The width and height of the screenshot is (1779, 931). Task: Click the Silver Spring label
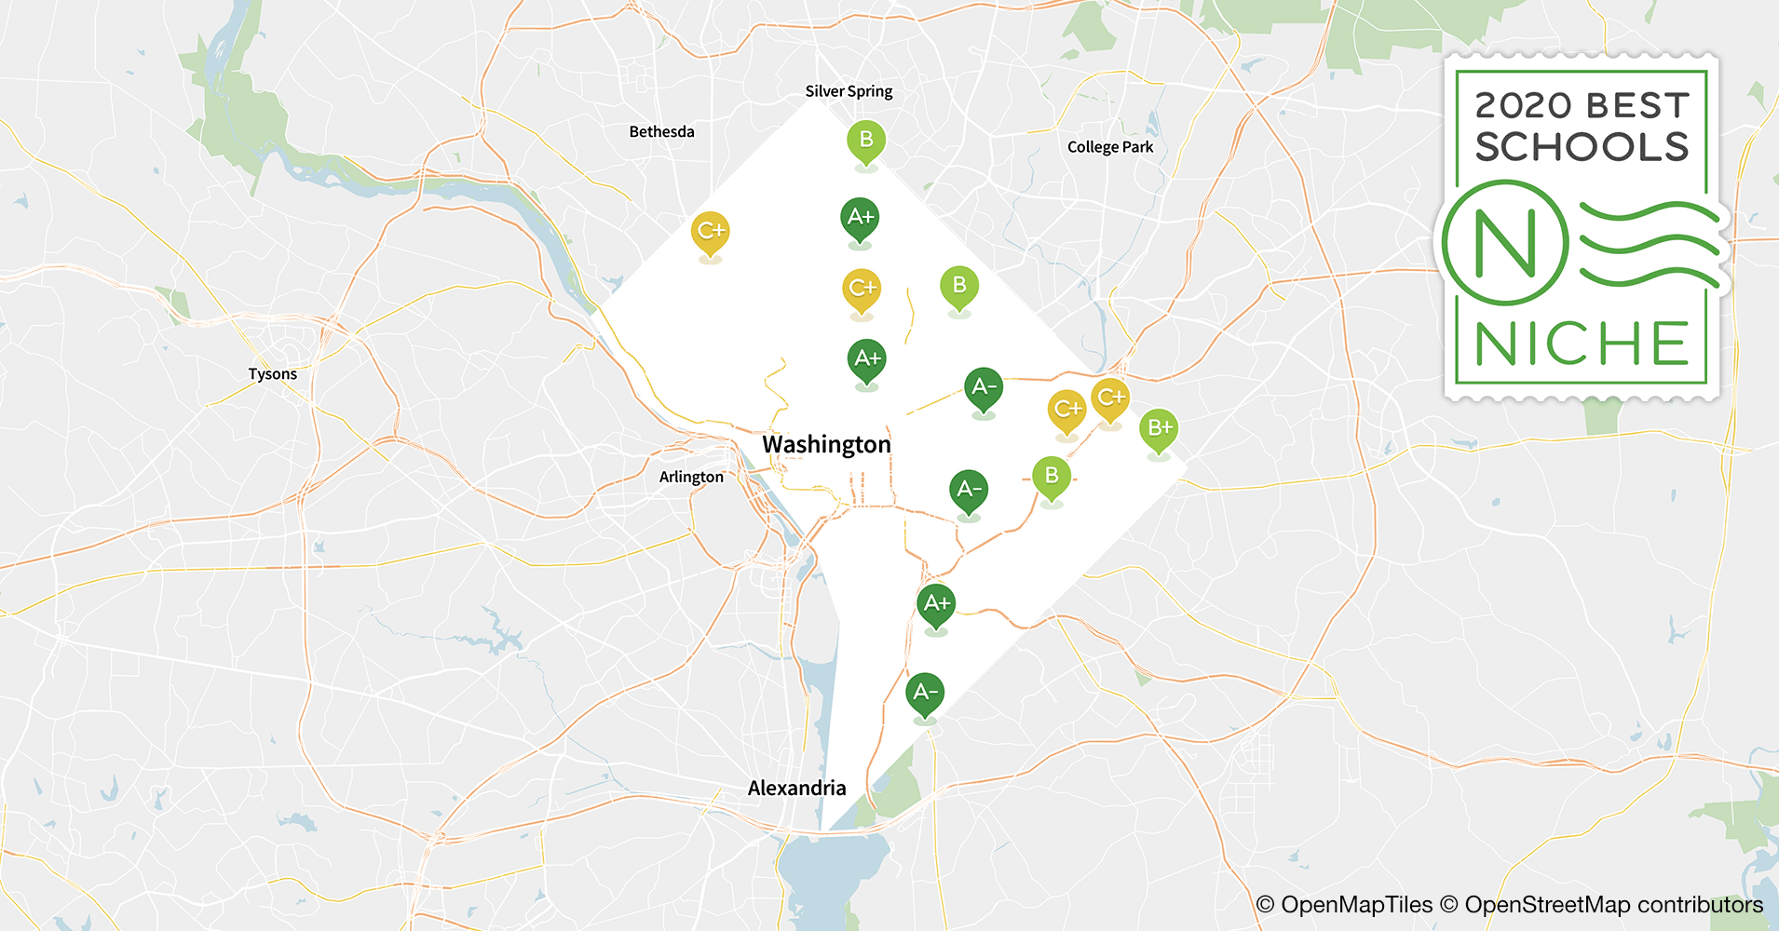[849, 91]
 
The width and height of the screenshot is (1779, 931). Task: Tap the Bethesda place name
[661, 132]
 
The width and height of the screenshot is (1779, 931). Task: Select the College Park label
[1109, 147]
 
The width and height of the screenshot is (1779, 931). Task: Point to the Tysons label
[272, 374]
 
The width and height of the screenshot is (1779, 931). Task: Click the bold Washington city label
[826, 445]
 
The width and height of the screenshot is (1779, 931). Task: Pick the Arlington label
[691, 477]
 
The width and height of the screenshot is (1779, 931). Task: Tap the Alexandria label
[796, 789]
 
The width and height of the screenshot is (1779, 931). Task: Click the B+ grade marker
[1159, 428]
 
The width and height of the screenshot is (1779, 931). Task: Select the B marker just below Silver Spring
[866, 141]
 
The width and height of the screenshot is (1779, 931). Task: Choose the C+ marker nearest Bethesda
[710, 231]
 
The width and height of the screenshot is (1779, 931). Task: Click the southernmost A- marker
[925, 693]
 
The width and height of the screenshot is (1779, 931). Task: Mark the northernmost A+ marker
[860, 218]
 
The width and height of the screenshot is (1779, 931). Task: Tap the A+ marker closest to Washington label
[866, 358]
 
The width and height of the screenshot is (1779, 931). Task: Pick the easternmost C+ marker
[1110, 398]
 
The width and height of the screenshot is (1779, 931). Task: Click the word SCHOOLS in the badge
[1582, 147]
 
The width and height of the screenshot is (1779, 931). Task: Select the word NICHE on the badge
[1582, 344]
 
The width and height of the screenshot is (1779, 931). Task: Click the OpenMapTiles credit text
[1355, 905]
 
